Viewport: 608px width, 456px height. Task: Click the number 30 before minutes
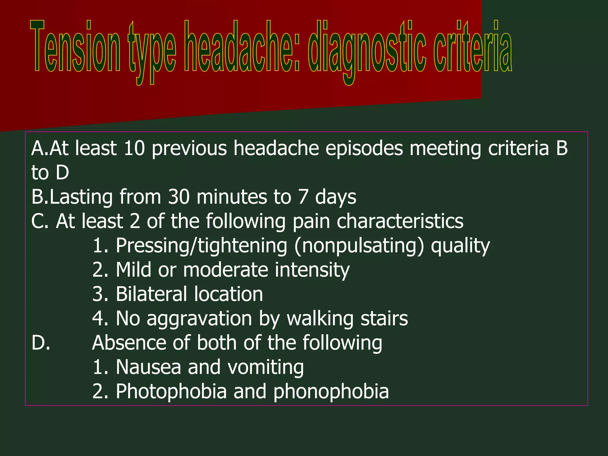point(179,197)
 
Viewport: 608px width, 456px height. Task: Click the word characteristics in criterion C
point(400,221)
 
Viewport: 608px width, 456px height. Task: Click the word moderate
point(226,270)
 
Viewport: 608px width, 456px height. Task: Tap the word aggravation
point(199,319)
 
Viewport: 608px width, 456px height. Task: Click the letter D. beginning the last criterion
point(41,343)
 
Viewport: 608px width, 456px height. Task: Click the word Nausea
point(148,367)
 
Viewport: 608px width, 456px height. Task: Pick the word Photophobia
point(171,391)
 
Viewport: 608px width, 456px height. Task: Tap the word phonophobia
point(331,391)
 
